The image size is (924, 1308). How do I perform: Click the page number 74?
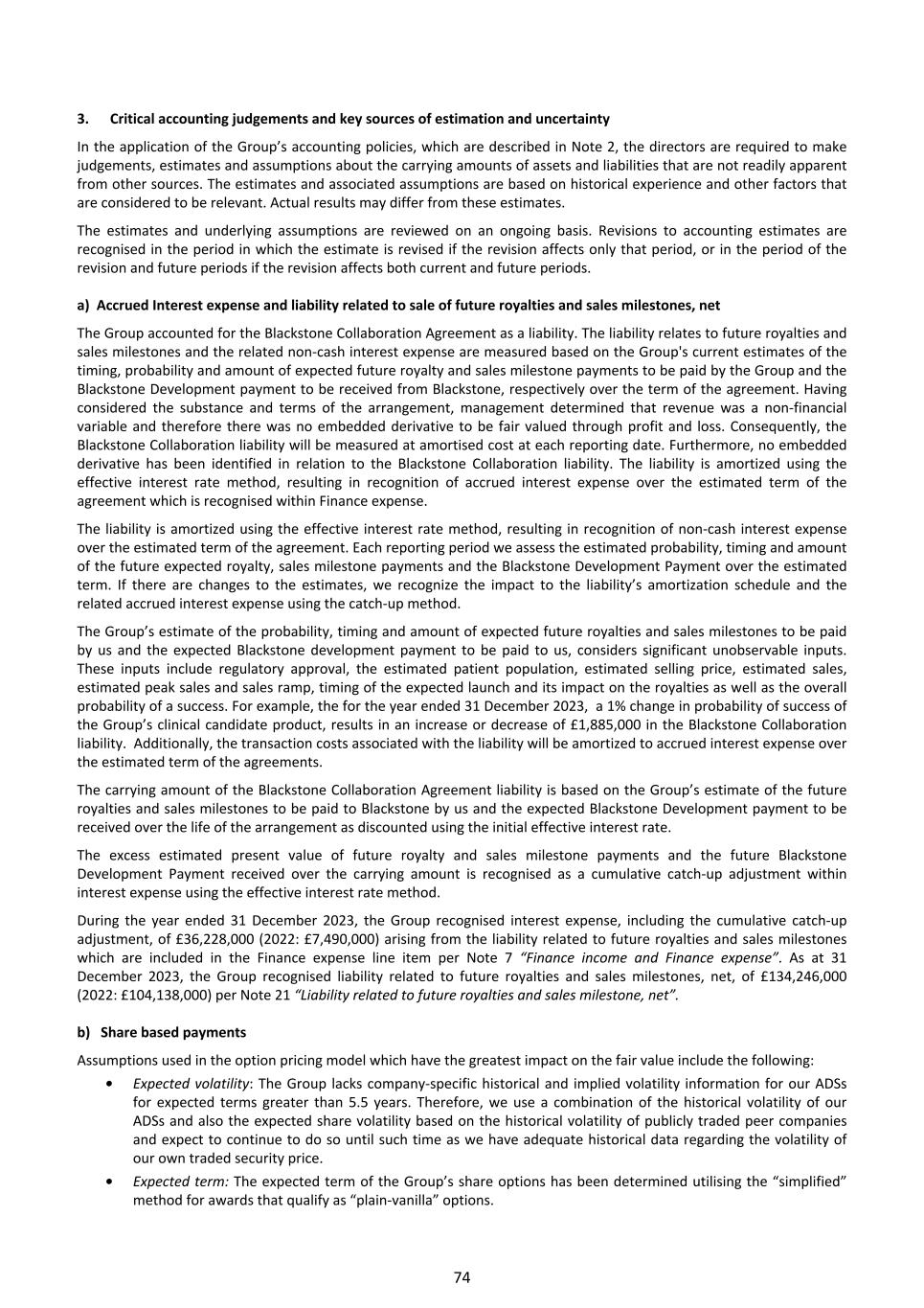[462, 1277]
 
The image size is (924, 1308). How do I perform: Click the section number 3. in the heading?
[83, 119]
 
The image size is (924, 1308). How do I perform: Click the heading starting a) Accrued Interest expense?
[398, 305]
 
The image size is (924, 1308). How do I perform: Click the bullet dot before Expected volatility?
[112, 1084]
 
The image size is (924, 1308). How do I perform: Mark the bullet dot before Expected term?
[112, 1182]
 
